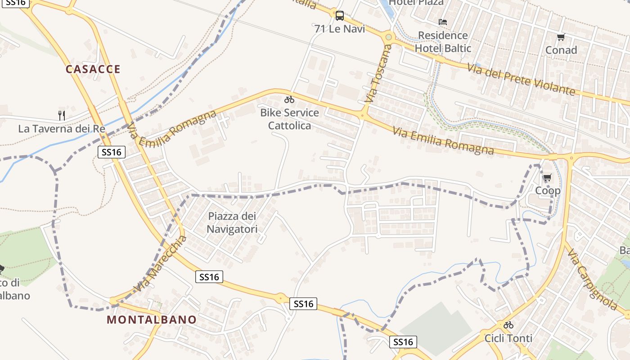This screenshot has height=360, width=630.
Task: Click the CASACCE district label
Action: coord(93,69)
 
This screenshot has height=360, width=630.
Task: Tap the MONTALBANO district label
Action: coord(152,320)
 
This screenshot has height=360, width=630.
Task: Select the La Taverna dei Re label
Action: coord(62,129)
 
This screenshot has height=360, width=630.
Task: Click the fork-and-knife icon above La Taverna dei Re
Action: coord(62,115)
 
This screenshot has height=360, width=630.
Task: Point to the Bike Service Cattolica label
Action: coord(289,119)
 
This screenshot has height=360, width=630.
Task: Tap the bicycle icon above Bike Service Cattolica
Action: coord(289,99)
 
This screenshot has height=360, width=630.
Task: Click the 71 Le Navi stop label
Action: coord(340,29)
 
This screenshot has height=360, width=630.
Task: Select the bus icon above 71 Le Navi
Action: coord(340,16)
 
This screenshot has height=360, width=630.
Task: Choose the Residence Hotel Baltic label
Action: coord(443,42)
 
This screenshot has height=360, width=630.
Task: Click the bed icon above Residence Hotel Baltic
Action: coord(443,22)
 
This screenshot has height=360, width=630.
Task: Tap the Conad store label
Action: coord(561,50)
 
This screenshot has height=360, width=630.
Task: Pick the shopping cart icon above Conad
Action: coord(561,37)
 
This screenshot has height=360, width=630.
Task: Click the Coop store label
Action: coord(548,191)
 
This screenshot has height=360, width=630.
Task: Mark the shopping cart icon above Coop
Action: coord(548,178)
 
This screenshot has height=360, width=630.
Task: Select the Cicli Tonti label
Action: coord(508,338)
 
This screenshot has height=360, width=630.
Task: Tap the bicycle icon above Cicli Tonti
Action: coord(508,324)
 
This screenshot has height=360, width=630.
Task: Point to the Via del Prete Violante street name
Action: coord(521,80)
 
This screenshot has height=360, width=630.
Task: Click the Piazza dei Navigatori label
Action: coord(232,223)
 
